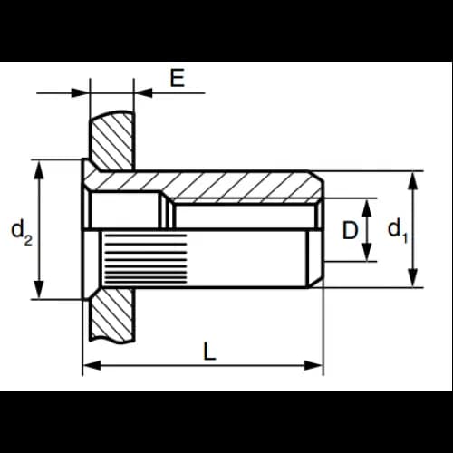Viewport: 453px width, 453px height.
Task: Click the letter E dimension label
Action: pos(177,78)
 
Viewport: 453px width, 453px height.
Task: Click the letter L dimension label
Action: pos(209,351)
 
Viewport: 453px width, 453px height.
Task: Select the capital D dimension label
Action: pos(350,230)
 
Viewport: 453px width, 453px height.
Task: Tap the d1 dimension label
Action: pos(398,231)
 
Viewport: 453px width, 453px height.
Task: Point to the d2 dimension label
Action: pos(22,233)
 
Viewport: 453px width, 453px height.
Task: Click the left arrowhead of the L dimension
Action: pos(92,365)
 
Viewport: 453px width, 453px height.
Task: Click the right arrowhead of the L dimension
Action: pos(313,365)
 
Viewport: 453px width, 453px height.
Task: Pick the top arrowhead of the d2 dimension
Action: pos(39,169)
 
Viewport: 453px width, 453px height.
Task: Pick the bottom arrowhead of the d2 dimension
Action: pos(39,289)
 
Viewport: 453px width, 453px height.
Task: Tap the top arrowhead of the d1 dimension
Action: pos(413,181)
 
